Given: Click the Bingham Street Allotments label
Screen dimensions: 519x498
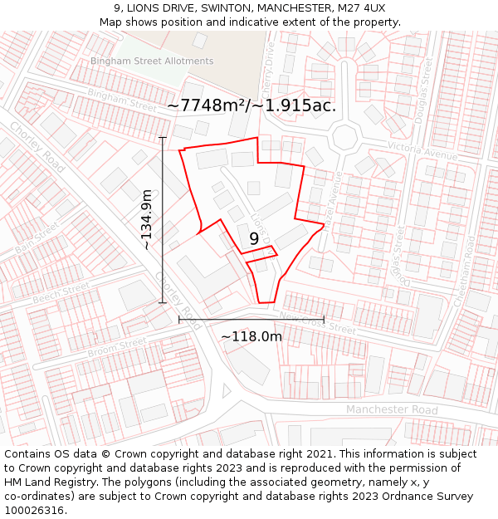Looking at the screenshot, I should point(152,61).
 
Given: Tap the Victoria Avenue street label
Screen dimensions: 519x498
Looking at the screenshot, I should point(422,150).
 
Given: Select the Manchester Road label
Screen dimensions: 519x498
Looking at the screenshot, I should point(392,410).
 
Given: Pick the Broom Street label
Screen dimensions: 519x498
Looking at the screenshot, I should point(117,348).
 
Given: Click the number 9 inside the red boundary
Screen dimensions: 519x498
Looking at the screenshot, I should point(254,238).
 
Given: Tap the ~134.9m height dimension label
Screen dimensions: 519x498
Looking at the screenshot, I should point(147,219).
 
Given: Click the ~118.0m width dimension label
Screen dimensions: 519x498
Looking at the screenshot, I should point(251,336).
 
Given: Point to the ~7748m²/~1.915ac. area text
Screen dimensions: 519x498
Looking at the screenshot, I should point(251,105).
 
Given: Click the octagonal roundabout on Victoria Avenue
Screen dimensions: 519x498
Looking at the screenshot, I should point(344,136).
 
